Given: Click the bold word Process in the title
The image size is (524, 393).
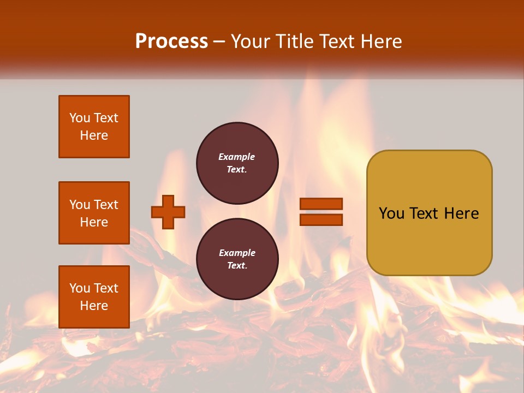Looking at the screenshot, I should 171,41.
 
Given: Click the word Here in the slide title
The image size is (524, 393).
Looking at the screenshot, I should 380,41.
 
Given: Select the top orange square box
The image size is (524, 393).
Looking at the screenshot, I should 94,127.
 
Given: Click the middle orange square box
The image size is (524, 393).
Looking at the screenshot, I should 94,213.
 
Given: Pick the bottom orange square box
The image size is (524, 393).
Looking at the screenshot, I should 94,297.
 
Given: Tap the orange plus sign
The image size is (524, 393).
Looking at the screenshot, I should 168,212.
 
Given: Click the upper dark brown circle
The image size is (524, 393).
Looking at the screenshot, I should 237,163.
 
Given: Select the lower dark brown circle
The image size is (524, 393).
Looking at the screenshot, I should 237,259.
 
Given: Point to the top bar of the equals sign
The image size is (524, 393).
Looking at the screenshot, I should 321,204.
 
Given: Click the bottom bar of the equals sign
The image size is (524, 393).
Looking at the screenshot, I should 321,219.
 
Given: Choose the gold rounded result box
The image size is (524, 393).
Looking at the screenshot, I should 429,213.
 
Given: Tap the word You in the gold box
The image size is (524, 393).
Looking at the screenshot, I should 391,213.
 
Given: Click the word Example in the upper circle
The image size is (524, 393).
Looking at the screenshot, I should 237,157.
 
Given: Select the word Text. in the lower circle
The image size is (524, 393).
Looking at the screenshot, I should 237,266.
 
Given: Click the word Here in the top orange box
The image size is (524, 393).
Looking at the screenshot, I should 94,135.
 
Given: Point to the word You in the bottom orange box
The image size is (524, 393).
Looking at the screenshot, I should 80,288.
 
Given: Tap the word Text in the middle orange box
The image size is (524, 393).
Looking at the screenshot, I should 106,205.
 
